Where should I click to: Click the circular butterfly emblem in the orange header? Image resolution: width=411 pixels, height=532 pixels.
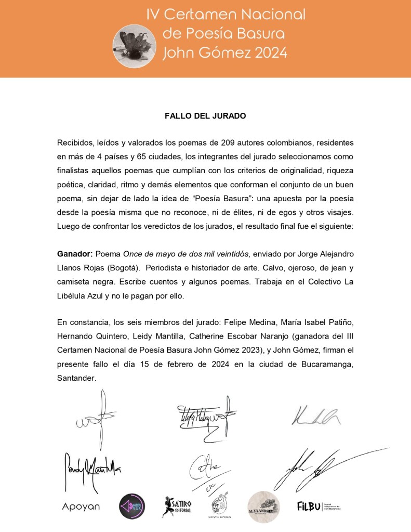pyautogui.click(x=134, y=46)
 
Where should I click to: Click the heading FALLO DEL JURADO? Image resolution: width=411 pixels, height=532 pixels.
pyautogui.click(x=205, y=116)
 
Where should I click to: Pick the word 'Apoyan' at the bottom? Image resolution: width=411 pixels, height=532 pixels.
pyautogui.click(x=81, y=507)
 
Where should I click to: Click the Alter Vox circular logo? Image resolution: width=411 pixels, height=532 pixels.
pyautogui.click(x=132, y=506)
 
